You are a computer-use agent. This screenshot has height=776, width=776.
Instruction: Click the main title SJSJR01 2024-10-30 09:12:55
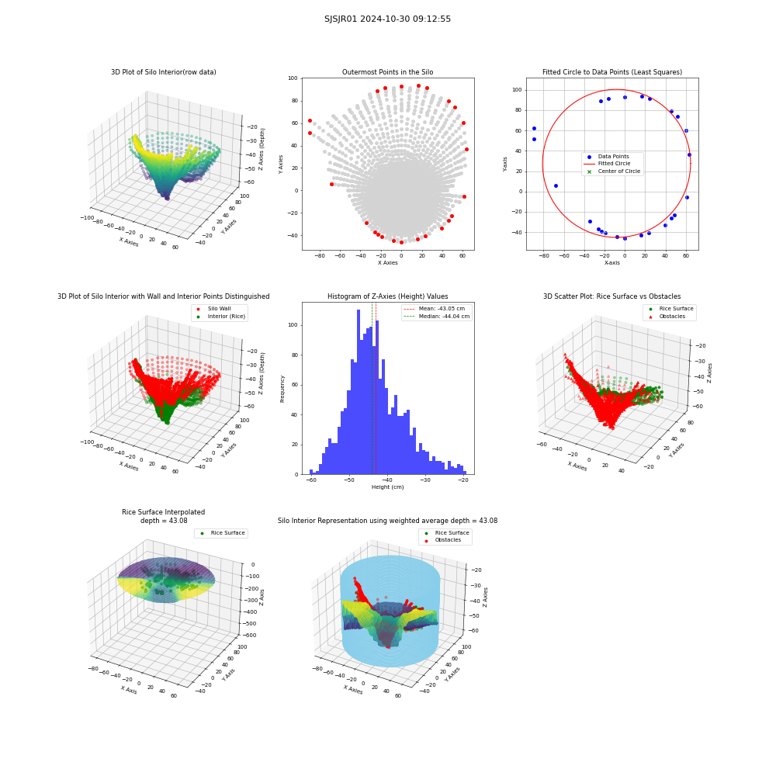[x=387, y=19]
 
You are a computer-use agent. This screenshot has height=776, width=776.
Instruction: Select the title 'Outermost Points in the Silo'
[x=387, y=71]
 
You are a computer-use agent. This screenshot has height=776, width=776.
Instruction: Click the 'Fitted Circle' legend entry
[x=614, y=163]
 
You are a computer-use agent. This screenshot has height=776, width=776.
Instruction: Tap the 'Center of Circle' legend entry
[x=614, y=171]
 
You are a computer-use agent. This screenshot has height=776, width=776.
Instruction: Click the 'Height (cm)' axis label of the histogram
[x=387, y=487]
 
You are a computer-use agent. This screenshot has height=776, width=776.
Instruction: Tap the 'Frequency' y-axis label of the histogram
[x=282, y=389]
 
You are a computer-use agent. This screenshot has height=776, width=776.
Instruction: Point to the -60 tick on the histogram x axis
[x=311, y=480]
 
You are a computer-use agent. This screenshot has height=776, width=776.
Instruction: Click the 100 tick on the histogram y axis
[x=293, y=325]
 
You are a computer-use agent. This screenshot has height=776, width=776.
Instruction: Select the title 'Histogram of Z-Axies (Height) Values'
[x=387, y=296]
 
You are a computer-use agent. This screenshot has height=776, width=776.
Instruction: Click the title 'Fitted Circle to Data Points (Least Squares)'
[x=612, y=71]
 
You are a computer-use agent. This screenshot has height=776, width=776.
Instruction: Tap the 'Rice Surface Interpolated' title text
[x=163, y=511]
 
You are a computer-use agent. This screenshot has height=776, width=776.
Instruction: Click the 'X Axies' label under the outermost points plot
[x=387, y=263]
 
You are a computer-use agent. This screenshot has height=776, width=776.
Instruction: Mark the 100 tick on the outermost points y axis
[x=293, y=78]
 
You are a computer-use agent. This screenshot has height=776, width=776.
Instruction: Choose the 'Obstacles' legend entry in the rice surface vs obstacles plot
[x=671, y=317]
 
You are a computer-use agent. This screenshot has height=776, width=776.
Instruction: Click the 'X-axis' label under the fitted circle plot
[x=611, y=263]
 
